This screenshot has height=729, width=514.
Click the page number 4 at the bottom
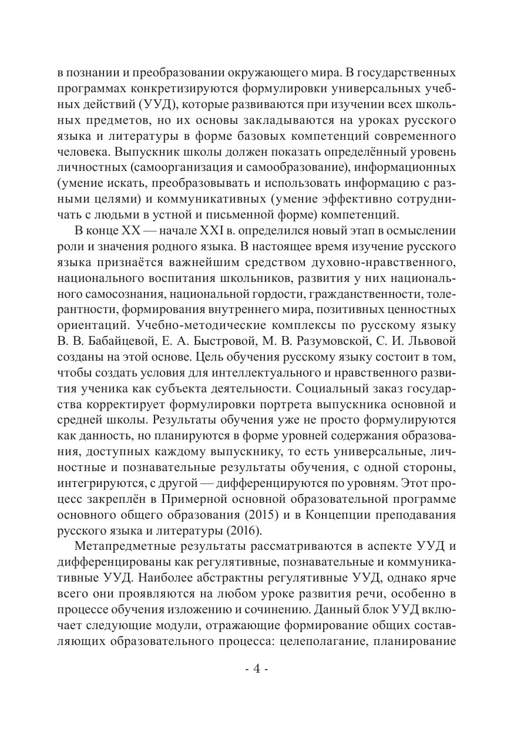256,670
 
